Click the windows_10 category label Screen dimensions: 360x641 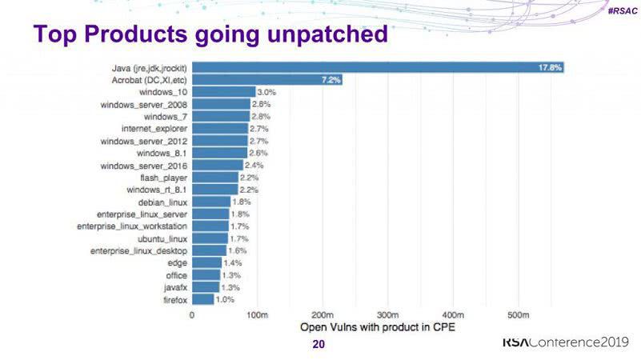click(166, 92)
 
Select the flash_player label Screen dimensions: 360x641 click(163, 178)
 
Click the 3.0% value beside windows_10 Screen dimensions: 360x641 click(266, 92)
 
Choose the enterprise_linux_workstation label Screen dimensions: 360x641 click(132, 226)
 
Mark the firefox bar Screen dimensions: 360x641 click(203, 300)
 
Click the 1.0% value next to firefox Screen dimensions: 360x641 click(226, 300)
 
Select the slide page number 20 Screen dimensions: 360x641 click(318, 346)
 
